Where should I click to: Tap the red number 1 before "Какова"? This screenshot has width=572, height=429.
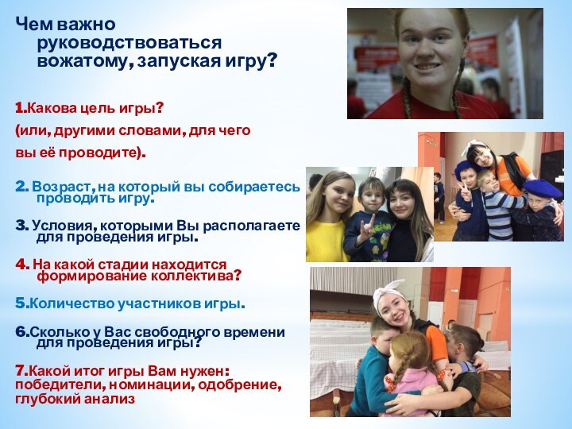coord(19,106)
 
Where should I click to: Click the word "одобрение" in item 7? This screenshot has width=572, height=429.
coord(243,385)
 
